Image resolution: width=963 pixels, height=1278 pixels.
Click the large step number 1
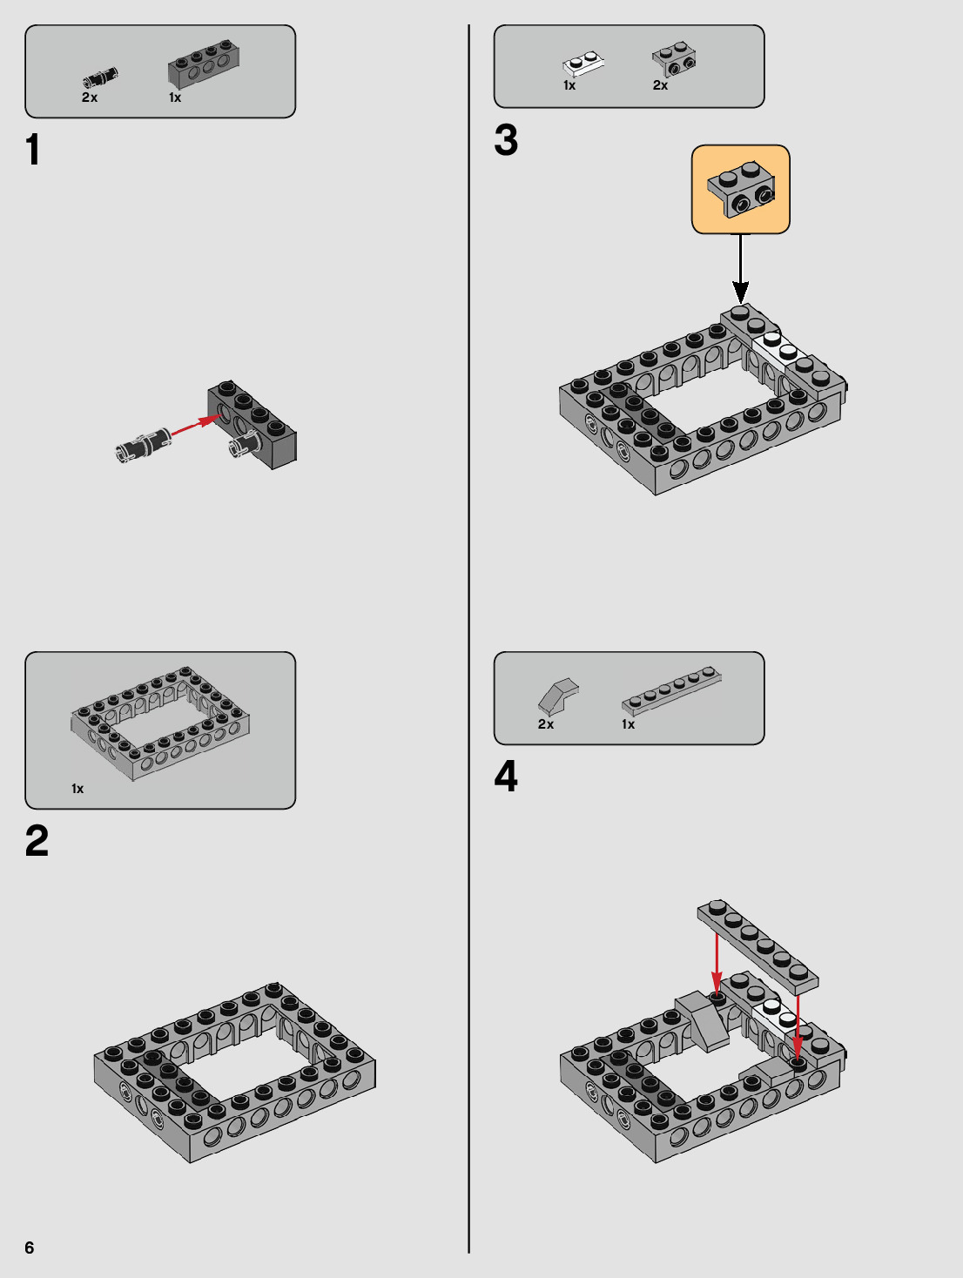tap(33, 149)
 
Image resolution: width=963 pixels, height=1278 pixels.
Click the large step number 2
tap(37, 841)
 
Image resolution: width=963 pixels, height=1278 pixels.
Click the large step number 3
tap(506, 140)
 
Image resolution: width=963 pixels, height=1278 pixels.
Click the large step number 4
tap(506, 777)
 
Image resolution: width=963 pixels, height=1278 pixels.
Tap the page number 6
tap(29, 1248)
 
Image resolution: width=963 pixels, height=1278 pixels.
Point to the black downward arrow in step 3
tap(741, 268)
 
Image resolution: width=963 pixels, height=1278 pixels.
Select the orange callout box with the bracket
tap(741, 189)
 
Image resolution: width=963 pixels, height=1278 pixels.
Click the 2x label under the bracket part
tap(660, 85)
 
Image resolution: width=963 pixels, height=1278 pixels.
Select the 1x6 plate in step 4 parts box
tap(671, 690)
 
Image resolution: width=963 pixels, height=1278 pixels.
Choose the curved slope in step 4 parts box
tap(558, 696)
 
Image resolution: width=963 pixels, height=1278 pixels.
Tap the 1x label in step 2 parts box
tap(77, 789)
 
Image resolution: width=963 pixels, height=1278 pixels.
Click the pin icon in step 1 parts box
tap(101, 78)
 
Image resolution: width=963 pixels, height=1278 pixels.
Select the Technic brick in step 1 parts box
tap(204, 63)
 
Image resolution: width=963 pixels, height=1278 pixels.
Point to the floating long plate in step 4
tap(758, 946)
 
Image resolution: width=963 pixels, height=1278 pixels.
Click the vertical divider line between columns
tap(468, 639)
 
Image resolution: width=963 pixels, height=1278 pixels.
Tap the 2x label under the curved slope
tap(546, 724)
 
